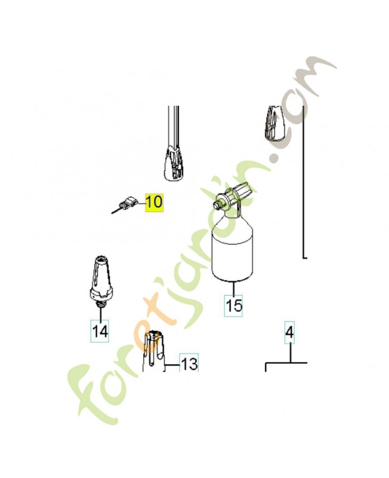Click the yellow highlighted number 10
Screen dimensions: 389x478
point(154,203)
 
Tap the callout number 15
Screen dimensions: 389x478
point(234,305)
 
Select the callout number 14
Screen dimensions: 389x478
point(100,331)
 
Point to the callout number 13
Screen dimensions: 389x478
point(189,363)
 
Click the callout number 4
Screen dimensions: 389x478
point(289,333)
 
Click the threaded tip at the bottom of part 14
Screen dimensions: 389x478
point(100,303)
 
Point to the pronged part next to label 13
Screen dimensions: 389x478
point(154,351)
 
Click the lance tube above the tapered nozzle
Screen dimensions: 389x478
point(174,127)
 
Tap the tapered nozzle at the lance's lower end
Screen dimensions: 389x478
point(174,163)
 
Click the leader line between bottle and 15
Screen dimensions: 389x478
point(233,288)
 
